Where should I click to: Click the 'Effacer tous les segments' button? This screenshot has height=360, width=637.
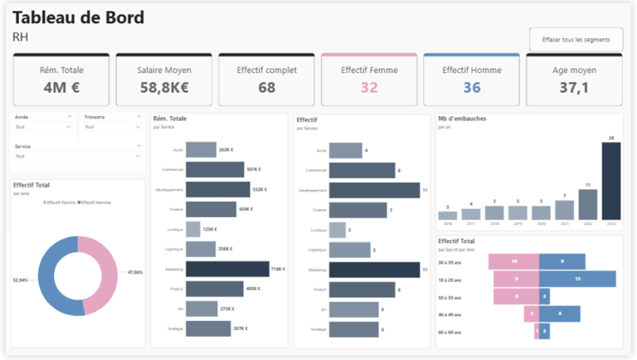(x=576, y=39)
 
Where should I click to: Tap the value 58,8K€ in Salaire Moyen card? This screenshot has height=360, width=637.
(x=163, y=87)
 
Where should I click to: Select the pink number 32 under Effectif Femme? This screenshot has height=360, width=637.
(x=369, y=87)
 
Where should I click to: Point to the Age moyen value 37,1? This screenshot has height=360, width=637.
(x=574, y=87)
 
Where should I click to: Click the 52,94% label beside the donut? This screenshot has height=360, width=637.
(x=22, y=280)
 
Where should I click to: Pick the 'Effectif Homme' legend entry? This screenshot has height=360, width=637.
(x=95, y=202)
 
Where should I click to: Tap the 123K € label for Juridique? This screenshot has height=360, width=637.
(x=210, y=229)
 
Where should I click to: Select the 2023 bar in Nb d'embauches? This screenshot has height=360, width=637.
(x=610, y=181)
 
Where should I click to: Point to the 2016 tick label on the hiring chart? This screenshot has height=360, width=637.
(x=448, y=224)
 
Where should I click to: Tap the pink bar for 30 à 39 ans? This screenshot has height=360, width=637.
(x=514, y=261)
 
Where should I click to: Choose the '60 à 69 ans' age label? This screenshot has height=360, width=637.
(x=450, y=331)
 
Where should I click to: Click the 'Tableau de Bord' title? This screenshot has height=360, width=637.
(x=78, y=17)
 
